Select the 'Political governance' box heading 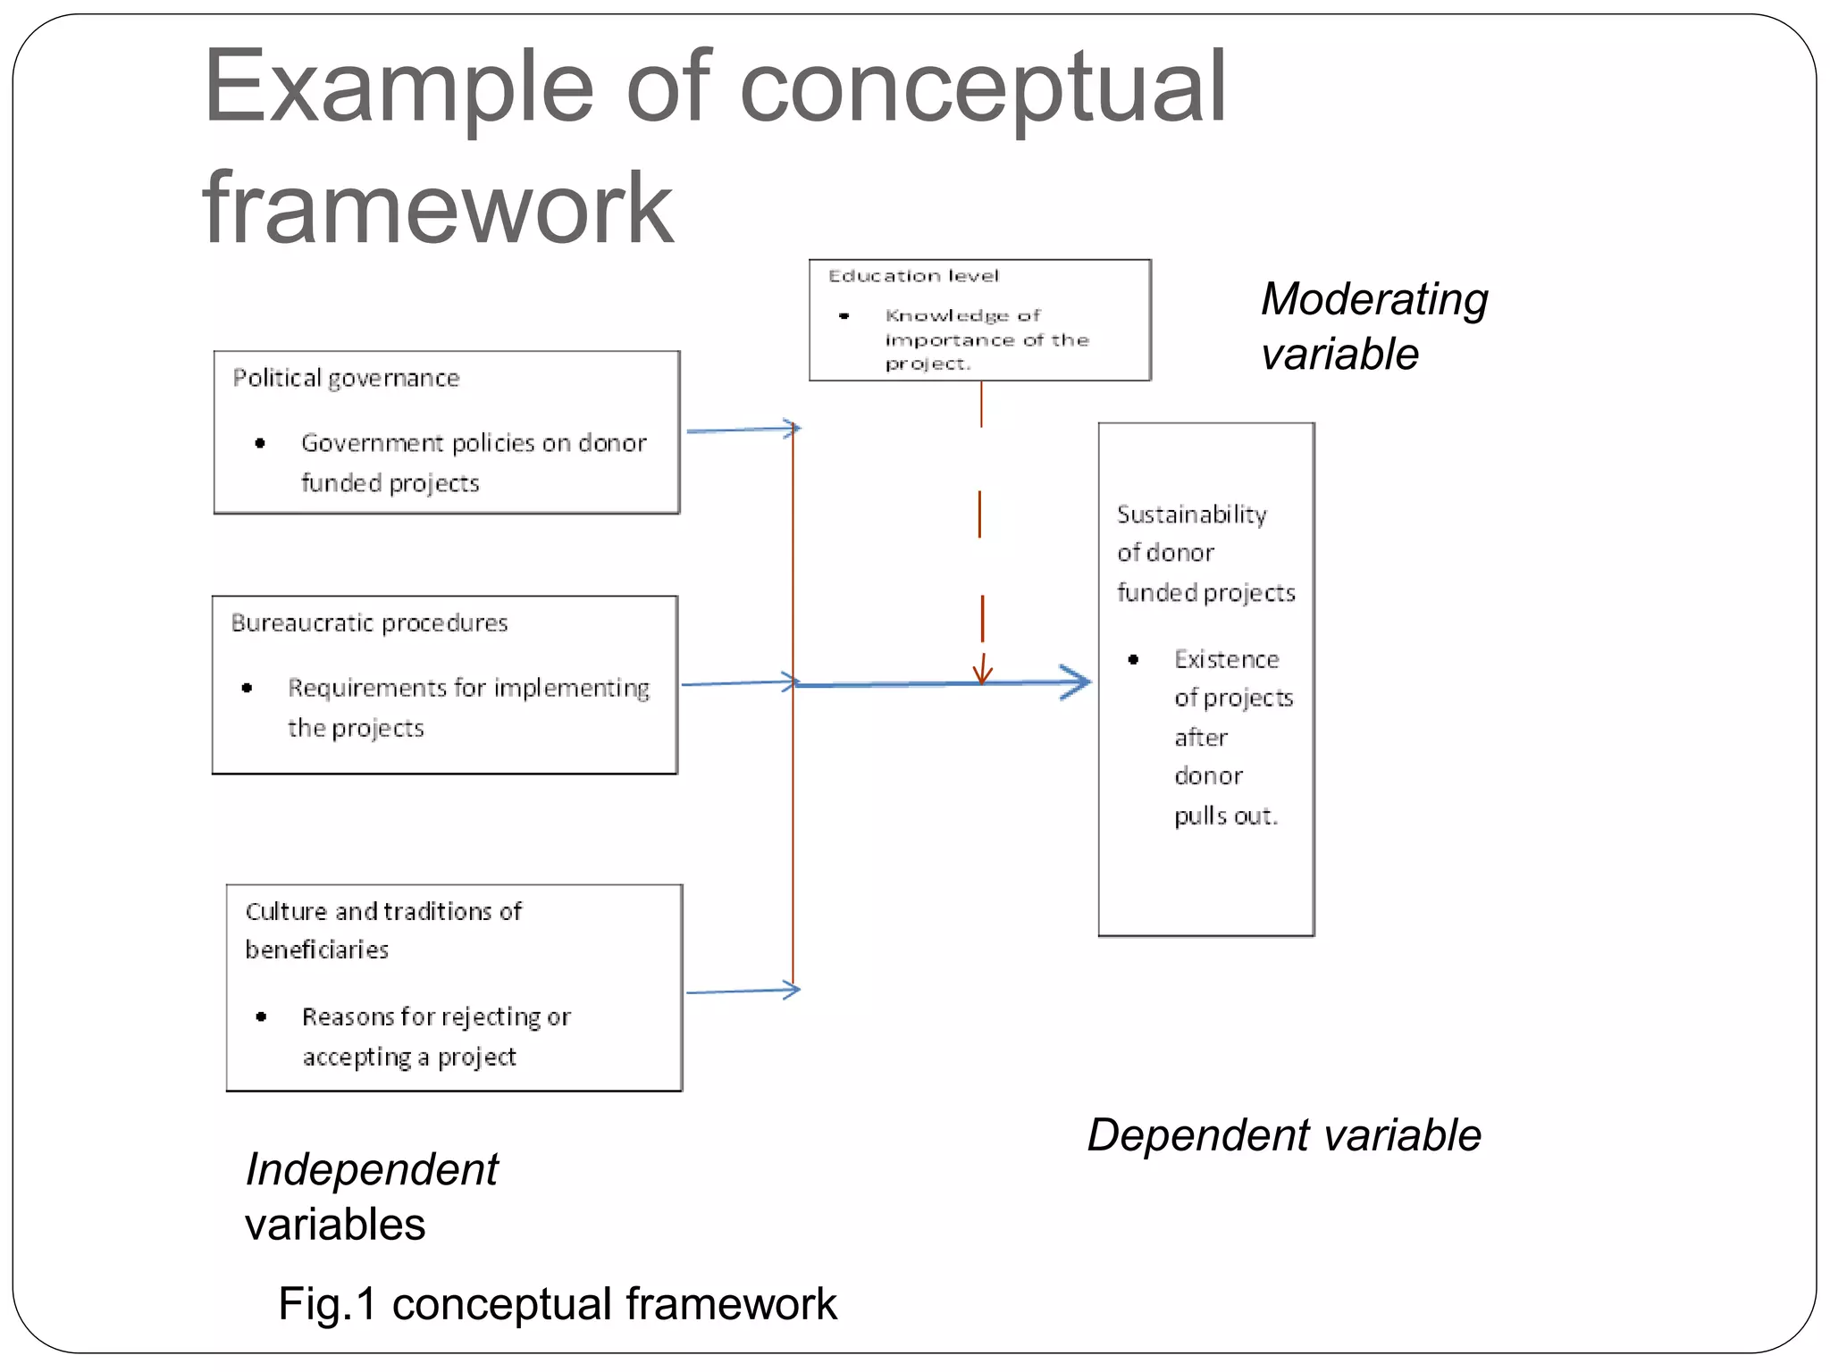click(346, 379)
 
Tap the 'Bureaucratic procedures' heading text click(369, 623)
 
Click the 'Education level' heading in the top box click(912, 276)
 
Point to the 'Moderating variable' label click(1373, 326)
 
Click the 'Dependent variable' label click(1283, 1135)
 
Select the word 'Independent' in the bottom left click(372, 1169)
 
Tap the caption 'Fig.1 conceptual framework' click(557, 1304)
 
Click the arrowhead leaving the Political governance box click(792, 429)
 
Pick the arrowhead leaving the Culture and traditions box click(792, 990)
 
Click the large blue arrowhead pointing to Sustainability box click(1078, 682)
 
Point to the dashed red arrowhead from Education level click(982, 673)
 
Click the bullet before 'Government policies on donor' click(260, 443)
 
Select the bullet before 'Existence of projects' click(1133, 660)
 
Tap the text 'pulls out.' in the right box click(1225, 816)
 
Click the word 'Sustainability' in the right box click(1191, 514)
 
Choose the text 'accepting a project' click(408, 1057)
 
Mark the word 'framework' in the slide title click(437, 209)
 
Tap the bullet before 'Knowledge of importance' click(844, 316)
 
